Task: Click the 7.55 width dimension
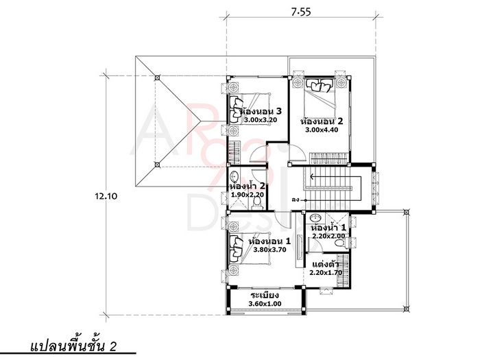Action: point(301,12)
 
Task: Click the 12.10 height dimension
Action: point(106,196)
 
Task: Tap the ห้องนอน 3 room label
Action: point(261,110)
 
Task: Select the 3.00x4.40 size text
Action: point(322,130)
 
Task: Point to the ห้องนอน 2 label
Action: point(322,121)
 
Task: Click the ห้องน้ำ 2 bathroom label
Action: point(248,186)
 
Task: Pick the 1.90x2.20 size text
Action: point(248,195)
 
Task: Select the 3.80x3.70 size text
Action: point(269,250)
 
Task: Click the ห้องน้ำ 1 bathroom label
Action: point(328,228)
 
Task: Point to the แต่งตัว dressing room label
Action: point(326,264)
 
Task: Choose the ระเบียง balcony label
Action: point(265,295)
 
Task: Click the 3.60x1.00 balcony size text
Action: point(265,304)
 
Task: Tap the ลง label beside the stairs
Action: point(296,200)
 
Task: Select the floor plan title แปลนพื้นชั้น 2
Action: point(73,346)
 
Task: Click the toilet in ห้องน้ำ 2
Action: point(257,204)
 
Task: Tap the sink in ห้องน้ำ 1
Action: point(315,218)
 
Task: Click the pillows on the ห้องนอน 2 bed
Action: point(320,85)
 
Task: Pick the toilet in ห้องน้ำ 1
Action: point(340,243)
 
